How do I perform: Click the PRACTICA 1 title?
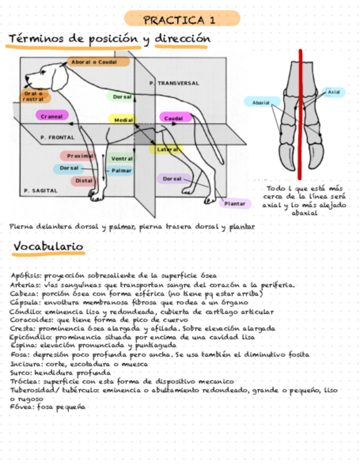pyautogui.click(x=179, y=20)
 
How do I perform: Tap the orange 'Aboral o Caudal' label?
pyautogui.click(x=98, y=63)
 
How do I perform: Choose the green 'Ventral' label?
pyautogui.click(x=122, y=158)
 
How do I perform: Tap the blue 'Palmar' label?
pyautogui.click(x=122, y=171)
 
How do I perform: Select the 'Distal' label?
pyautogui.click(x=83, y=180)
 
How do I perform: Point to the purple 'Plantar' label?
pyautogui.click(x=235, y=204)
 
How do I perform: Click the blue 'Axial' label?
pyautogui.click(x=334, y=92)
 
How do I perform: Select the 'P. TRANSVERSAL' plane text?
pyautogui.click(x=175, y=83)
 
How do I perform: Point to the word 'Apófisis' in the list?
pyautogui.click(x=25, y=276)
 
